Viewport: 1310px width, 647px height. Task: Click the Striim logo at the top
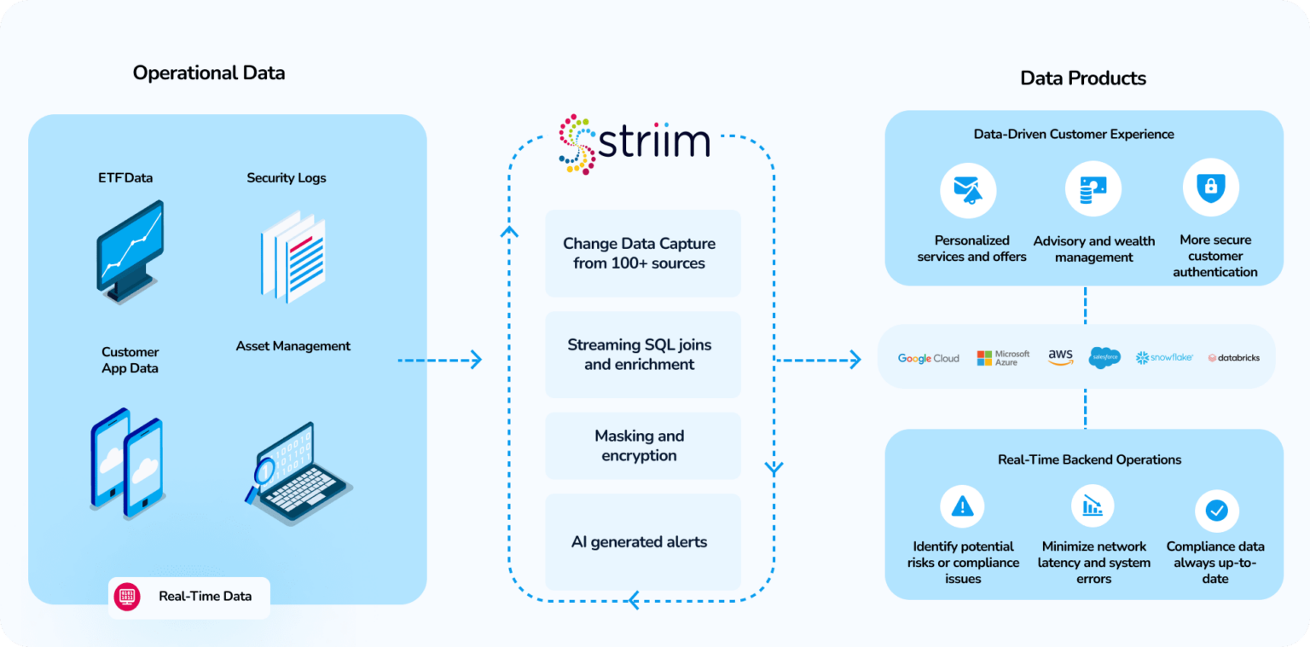point(635,143)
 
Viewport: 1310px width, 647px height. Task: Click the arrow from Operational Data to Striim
point(439,361)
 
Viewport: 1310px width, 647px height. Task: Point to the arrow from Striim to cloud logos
point(817,361)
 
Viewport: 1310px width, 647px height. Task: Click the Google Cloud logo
point(928,358)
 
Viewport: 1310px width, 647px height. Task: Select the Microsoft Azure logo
point(1003,358)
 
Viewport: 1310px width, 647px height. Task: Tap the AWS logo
point(1060,357)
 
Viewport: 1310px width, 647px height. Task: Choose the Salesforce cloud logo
point(1104,358)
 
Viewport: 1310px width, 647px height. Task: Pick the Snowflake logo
point(1164,358)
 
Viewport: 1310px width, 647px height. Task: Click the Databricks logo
point(1233,358)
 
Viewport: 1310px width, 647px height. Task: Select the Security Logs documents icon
point(293,256)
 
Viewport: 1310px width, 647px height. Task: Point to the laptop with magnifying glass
point(297,473)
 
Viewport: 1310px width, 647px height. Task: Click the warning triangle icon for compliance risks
point(962,507)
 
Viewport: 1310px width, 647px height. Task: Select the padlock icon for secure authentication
point(1210,188)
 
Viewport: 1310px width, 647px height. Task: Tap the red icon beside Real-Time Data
point(127,596)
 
